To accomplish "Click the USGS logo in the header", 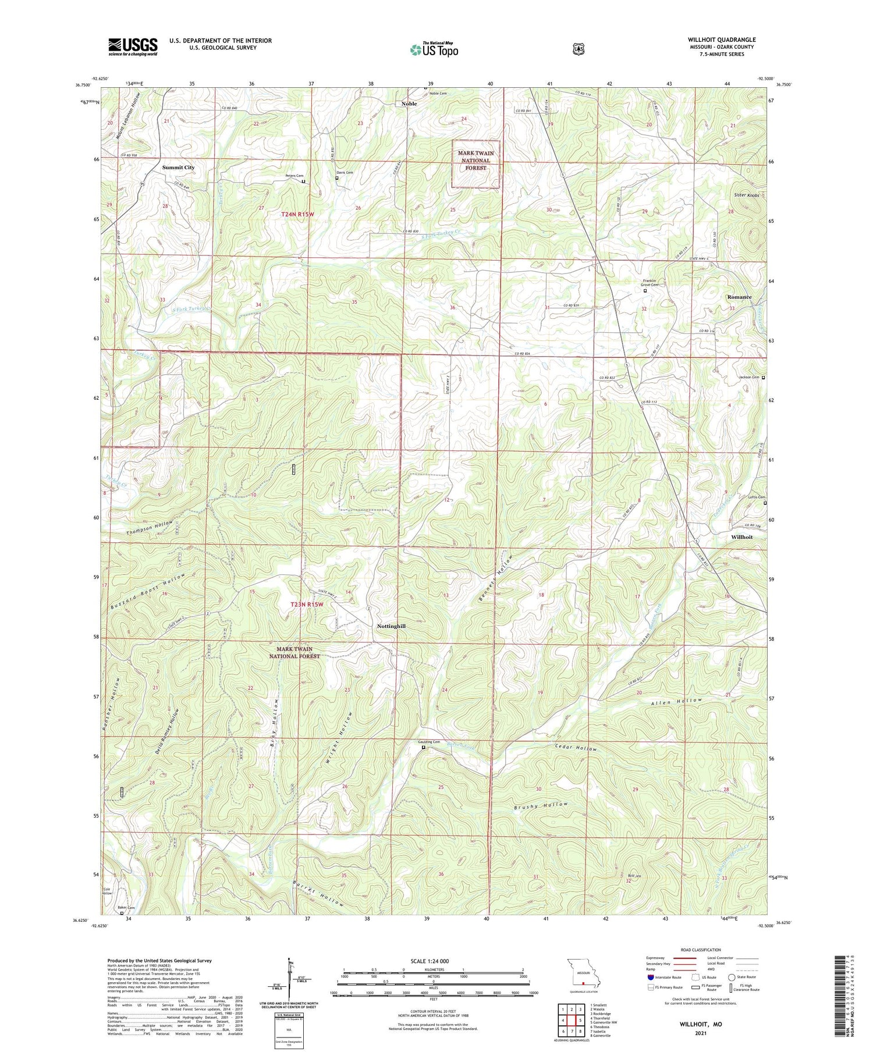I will click(133, 47).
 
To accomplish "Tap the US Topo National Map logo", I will click(434, 49).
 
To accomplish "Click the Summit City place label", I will click(178, 168).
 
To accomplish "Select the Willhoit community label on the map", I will click(741, 537).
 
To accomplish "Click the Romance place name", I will click(739, 297).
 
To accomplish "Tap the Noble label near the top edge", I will click(409, 104).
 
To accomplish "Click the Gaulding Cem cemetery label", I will click(428, 742).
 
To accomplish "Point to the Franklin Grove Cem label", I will click(650, 283).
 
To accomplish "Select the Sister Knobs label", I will click(746, 196).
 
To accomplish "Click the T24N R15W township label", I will click(297, 215).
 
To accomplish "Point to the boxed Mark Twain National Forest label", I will click(476, 161).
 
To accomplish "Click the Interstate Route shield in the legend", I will click(650, 977).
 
